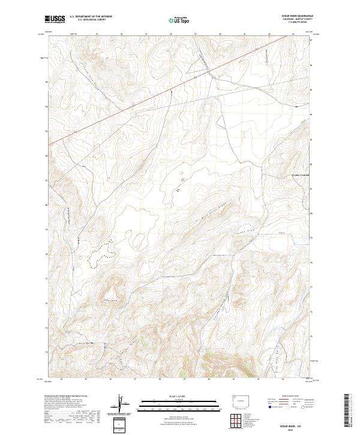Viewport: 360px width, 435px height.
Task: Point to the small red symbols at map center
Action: click(x=179, y=183)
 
